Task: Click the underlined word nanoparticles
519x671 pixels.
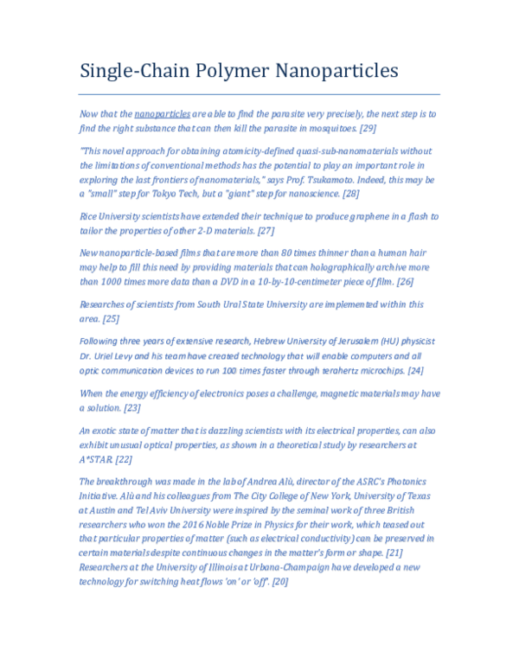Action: (x=163, y=113)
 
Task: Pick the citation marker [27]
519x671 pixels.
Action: (x=266, y=231)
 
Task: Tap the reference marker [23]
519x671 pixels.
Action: (x=132, y=407)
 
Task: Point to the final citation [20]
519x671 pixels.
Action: (x=279, y=582)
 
